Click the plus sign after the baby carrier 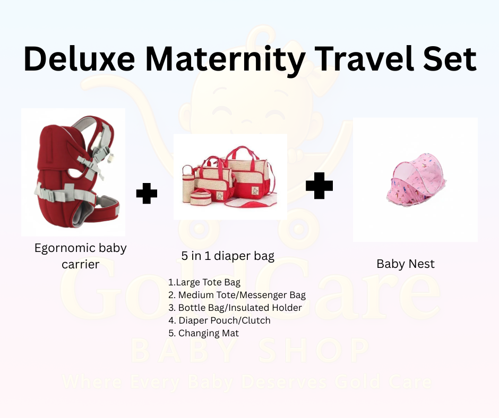(147, 194)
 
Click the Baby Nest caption (406, 264)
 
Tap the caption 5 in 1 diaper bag (228, 256)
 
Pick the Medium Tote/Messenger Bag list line (237, 295)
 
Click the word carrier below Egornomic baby (80, 264)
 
